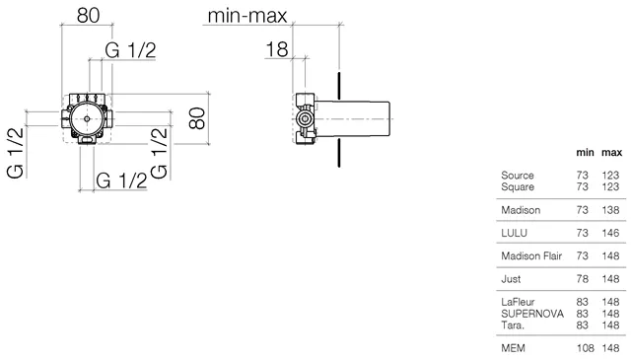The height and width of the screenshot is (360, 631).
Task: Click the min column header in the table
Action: click(x=585, y=153)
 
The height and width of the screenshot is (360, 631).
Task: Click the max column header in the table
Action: click(x=611, y=153)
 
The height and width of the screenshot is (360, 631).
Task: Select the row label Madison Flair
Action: click(x=531, y=255)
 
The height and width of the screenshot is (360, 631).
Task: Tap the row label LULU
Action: click(x=514, y=233)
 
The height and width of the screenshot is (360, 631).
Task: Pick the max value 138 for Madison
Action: click(x=610, y=210)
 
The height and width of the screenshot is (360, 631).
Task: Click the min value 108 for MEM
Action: click(x=585, y=348)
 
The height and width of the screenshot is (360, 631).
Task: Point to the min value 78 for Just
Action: click(x=583, y=279)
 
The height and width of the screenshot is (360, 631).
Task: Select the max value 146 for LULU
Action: click(x=610, y=233)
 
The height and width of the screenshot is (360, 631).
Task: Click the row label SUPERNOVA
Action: click(x=532, y=314)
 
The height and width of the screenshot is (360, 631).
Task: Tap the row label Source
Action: click(x=517, y=176)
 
